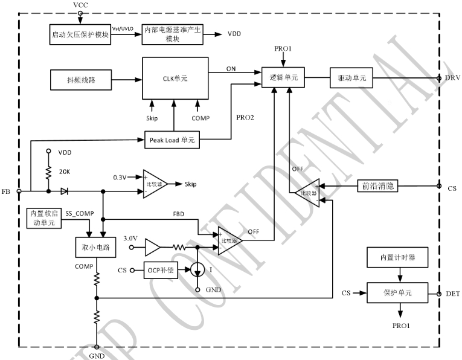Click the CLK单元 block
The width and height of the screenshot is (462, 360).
175,78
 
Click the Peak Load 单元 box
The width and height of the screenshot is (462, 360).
172,140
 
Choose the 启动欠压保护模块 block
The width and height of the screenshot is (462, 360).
80,34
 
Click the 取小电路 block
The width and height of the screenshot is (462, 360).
91,248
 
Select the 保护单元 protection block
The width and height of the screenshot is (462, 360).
398,292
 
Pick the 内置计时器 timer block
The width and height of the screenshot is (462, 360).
398,258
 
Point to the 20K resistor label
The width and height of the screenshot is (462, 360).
64,171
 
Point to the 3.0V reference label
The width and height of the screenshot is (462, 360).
130,239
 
